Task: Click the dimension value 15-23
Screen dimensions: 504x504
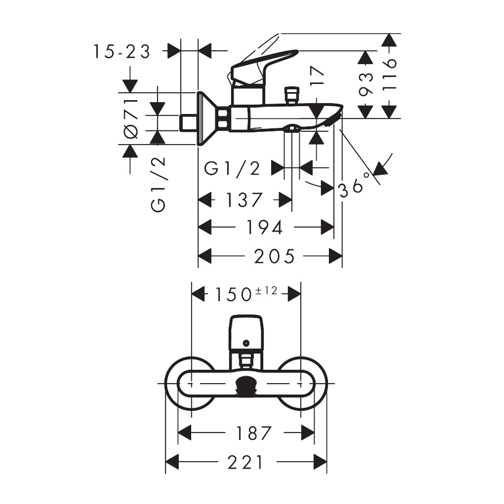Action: (x=122, y=51)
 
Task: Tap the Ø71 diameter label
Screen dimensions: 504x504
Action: (x=131, y=119)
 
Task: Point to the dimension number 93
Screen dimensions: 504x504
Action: (x=366, y=84)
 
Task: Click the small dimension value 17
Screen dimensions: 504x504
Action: (x=317, y=76)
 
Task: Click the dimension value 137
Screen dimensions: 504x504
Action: (x=244, y=200)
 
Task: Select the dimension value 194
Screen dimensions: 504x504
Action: (x=264, y=228)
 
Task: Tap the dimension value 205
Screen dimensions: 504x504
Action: (x=274, y=256)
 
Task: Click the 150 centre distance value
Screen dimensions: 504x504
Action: (x=233, y=294)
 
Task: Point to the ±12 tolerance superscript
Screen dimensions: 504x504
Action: (x=266, y=291)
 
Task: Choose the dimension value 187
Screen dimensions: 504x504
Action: (x=254, y=433)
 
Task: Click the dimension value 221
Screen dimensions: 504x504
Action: (x=245, y=463)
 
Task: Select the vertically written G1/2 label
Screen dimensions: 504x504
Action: (x=158, y=185)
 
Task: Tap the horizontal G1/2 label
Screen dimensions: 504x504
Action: (x=232, y=168)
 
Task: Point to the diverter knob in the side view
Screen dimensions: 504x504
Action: (x=291, y=95)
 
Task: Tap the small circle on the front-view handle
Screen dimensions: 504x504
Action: (x=246, y=343)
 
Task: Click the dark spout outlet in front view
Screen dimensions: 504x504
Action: (x=246, y=385)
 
